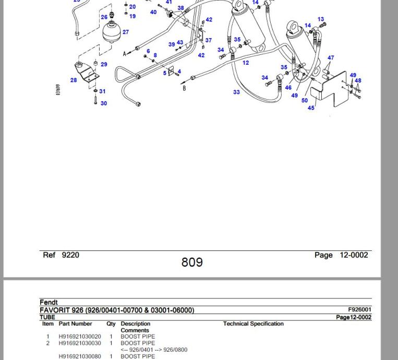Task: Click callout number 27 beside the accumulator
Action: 126,32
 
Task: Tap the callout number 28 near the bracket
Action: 74,80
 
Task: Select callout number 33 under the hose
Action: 236,92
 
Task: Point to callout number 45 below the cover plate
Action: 311,108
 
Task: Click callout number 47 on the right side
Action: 331,58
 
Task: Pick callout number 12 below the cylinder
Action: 246,63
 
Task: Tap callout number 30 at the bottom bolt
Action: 104,103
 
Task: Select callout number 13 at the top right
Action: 321,19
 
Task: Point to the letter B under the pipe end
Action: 184,89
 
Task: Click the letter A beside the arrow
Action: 124,54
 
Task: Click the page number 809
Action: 192,262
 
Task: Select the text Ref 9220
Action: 61,255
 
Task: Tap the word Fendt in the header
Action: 49,303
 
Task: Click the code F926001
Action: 360,310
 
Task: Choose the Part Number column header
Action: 75,324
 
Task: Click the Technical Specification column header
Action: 254,324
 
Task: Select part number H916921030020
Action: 80,337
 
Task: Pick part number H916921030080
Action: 80,356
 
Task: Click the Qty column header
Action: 111,324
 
